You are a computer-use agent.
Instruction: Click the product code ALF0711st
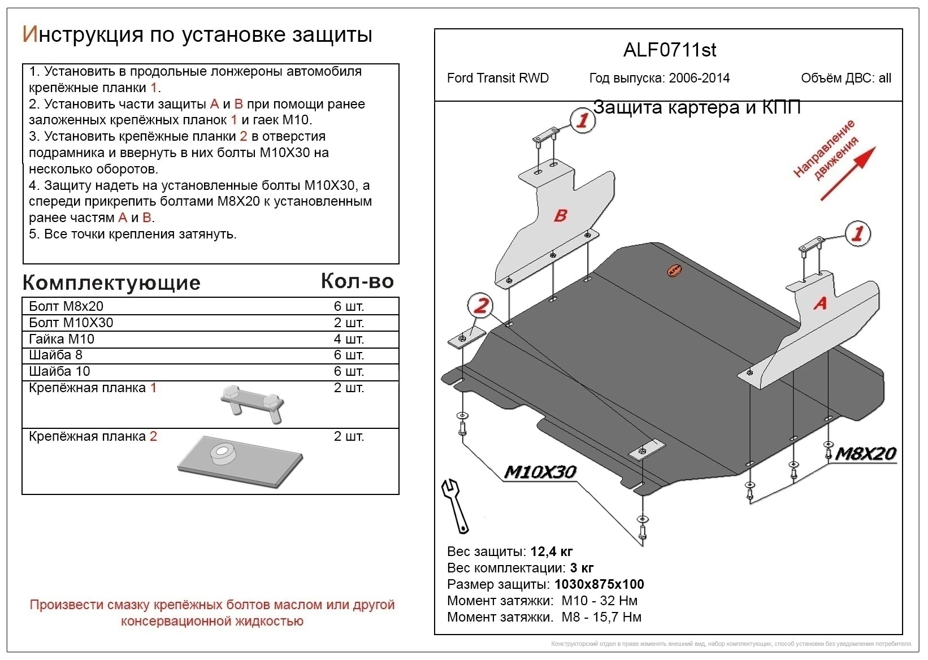pyautogui.click(x=669, y=50)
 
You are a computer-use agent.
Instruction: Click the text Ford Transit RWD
pyautogui.click(x=497, y=78)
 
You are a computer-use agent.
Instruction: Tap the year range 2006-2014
pyautogui.click(x=699, y=78)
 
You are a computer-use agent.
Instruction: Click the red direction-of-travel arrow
pyautogui.click(x=848, y=173)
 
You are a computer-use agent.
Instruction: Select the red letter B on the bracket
pyautogui.click(x=560, y=215)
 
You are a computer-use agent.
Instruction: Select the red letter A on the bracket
pyautogui.click(x=820, y=303)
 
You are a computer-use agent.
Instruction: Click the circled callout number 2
pyautogui.click(x=480, y=306)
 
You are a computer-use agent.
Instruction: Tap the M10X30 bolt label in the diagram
pyautogui.click(x=539, y=472)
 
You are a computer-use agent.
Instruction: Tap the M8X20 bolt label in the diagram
pyautogui.click(x=865, y=454)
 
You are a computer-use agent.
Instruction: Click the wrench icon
pyautogui.click(x=455, y=506)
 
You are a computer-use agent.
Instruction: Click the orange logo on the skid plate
pyautogui.click(x=673, y=271)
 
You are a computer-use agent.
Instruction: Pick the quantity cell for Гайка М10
pyautogui.click(x=349, y=339)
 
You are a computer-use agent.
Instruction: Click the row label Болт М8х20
pyautogui.click(x=66, y=306)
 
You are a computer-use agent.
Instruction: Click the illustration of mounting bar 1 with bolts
pyautogui.click(x=253, y=404)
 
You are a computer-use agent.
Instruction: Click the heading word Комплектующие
pyautogui.click(x=111, y=283)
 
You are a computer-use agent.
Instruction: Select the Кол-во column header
pyautogui.click(x=357, y=281)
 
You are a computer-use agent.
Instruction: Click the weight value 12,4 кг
pyautogui.click(x=552, y=552)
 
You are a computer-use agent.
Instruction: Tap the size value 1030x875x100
pyautogui.click(x=599, y=584)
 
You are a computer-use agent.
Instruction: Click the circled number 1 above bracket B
pyautogui.click(x=582, y=120)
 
